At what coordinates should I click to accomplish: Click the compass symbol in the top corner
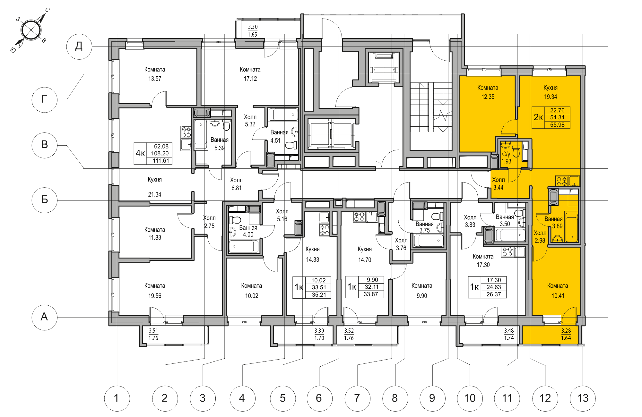pos(31,30)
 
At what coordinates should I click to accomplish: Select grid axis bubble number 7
pos(357,398)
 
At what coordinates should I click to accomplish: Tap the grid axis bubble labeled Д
pos(79,47)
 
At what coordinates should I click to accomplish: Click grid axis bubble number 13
pos(583,398)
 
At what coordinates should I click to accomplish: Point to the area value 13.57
pos(155,79)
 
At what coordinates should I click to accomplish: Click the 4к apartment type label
pos(140,153)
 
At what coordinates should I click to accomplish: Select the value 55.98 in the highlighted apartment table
pos(557,125)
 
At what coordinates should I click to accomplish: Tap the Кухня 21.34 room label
pos(155,187)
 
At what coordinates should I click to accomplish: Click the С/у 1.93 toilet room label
pos(506,157)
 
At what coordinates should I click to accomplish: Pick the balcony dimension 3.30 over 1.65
pos(253,31)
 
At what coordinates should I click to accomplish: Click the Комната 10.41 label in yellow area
pos(558,291)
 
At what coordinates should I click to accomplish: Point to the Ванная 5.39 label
pos(220,144)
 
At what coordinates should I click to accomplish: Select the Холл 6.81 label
pos(236,184)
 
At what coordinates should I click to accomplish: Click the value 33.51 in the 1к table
pos(319,287)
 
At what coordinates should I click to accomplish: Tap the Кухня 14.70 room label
pos(365,254)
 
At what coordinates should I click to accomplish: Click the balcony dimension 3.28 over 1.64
pos(566,334)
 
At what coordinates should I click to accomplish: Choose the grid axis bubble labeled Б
pos(45,200)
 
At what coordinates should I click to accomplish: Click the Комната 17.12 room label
pos(250,74)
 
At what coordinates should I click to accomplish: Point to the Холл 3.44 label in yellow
pos(499,183)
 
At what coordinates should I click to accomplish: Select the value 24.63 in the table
pos(493,287)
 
